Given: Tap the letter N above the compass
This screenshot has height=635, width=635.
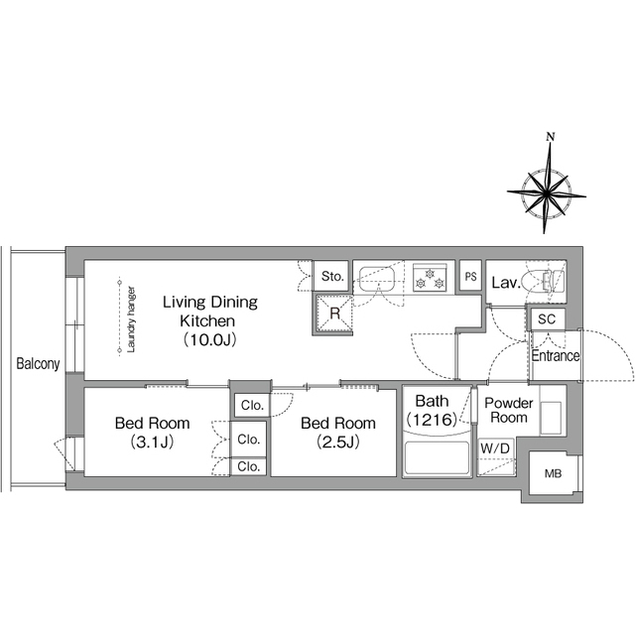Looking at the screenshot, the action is coord(551,137).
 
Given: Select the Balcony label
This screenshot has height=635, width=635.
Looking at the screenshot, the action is coord(38,364).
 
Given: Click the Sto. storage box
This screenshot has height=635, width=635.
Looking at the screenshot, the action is coord(331,276).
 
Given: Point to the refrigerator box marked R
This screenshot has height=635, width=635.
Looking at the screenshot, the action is coord(333,314).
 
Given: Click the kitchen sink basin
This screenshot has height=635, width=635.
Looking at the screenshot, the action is coord(377,279).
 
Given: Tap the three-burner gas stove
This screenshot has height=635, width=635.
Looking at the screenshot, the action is coord(430,278).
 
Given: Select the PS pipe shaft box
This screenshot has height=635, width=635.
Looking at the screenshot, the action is coord(470,277).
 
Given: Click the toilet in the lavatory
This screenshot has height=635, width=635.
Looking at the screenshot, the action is coord(543,281).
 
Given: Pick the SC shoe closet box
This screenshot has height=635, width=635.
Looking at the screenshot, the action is coord(547,319).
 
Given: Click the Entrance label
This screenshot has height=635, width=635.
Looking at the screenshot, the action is coord(556,356).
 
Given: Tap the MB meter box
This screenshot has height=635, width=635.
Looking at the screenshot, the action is coord(554,473).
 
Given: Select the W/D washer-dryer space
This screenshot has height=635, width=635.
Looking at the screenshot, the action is coord(496,456).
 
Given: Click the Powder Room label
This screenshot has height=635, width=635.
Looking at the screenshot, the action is coord(509,410).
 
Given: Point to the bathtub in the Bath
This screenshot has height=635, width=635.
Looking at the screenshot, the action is coord(437,457).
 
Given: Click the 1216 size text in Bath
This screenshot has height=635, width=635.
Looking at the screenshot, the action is coord(432,420).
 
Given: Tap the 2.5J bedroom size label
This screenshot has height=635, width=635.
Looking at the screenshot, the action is coord(338,442).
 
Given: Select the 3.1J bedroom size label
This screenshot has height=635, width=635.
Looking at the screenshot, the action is coord(152,442).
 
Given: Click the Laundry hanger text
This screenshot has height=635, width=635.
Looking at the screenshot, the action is coord(131,319).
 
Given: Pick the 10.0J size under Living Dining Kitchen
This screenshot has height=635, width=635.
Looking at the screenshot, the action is coord(209,339).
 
